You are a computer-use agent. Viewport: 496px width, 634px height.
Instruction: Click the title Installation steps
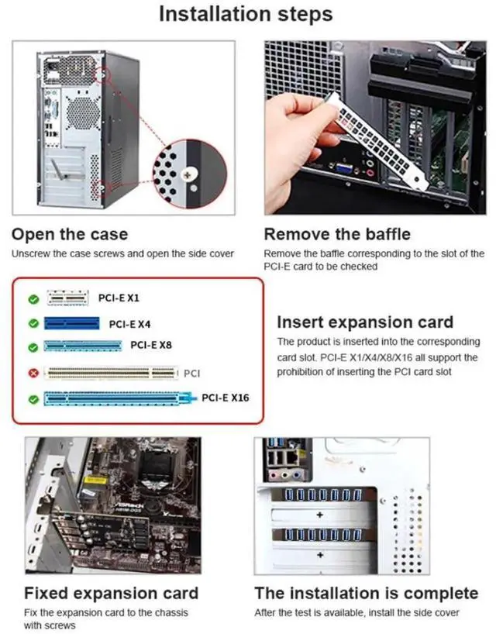tap(246, 14)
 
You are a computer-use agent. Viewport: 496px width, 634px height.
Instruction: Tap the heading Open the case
tap(70, 235)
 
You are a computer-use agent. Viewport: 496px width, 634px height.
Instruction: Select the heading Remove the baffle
tap(337, 235)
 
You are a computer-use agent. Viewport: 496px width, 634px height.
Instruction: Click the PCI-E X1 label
tap(119, 298)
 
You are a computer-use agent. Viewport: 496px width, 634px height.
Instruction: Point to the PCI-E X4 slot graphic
tap(71, 323)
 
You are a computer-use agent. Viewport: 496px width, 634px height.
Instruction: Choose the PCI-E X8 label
tap(151, 345)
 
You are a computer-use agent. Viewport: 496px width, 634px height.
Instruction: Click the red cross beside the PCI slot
tap(33, 373)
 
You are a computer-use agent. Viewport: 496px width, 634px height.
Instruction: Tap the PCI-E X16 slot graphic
tap(117, 398)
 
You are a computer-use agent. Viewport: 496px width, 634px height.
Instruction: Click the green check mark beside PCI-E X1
tap(33, 299)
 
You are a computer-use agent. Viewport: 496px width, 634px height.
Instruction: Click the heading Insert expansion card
tap(365, 322)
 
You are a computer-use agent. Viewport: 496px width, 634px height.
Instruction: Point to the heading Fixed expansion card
tap(111, 594)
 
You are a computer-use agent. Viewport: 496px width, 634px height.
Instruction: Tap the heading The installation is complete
tap(367, 594)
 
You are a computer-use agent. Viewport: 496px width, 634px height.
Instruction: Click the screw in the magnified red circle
tap(188, 175)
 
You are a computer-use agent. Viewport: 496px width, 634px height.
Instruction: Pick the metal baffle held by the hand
tap(379, 140)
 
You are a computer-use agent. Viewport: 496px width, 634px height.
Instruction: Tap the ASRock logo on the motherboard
tap(129, 506)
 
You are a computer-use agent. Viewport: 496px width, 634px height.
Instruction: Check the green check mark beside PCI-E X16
tap(33, 399)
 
